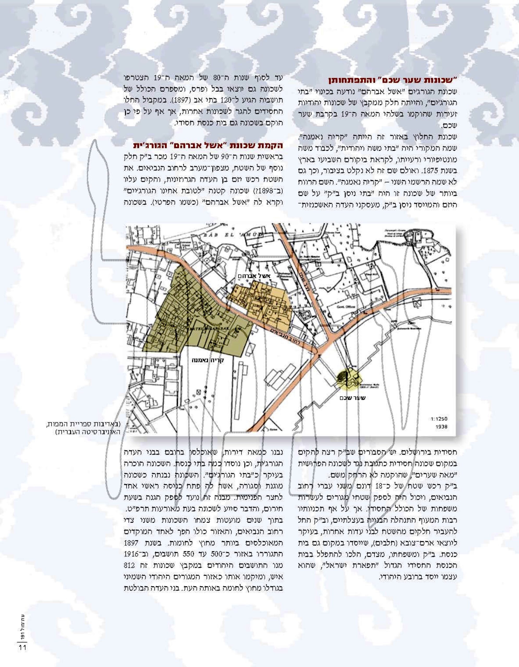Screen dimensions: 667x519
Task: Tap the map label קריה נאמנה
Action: (x=208, y=360)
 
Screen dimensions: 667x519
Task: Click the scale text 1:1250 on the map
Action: (x=439, y=419)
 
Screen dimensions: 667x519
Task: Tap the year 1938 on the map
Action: (x=441, y=427)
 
